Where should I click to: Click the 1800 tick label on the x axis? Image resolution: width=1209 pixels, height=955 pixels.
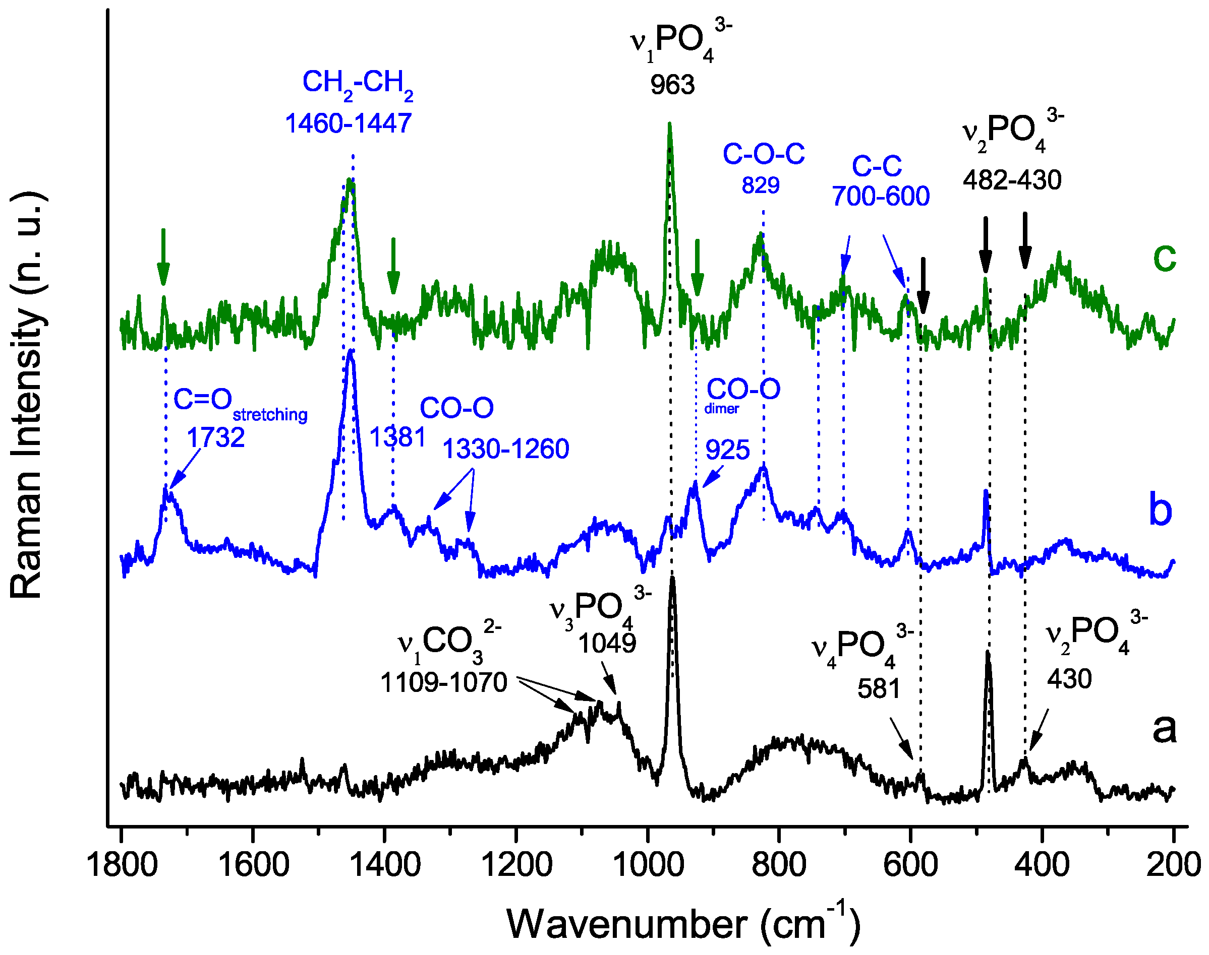pos(122,865)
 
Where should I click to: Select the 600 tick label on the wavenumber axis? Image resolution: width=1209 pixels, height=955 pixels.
pos(910,865)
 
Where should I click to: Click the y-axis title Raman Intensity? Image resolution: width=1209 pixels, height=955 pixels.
pos(27,395)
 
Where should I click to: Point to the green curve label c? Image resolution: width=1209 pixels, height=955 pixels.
pos(1164,259)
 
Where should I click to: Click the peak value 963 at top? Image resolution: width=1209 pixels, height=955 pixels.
pos(672,86)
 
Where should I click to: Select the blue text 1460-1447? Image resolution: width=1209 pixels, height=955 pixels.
pos(348,123)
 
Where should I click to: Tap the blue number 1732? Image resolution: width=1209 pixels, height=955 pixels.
pos(215,437)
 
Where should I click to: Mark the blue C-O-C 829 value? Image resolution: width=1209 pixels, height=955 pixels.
pos(760,185)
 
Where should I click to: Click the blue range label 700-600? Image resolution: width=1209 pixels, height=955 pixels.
pos(881,196)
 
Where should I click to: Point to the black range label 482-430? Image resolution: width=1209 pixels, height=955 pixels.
pos(1012,180)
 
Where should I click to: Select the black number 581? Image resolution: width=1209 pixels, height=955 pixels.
pos(879,688)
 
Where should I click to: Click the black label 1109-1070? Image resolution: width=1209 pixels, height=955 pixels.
pos(444,683)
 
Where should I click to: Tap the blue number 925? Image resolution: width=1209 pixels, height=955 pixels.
pos(727,450)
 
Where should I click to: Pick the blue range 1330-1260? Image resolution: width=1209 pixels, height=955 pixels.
pos(506,449)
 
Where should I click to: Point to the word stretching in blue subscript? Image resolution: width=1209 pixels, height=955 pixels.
pos(270,415)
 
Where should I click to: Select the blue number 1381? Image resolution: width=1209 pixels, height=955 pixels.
pos(398,437)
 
